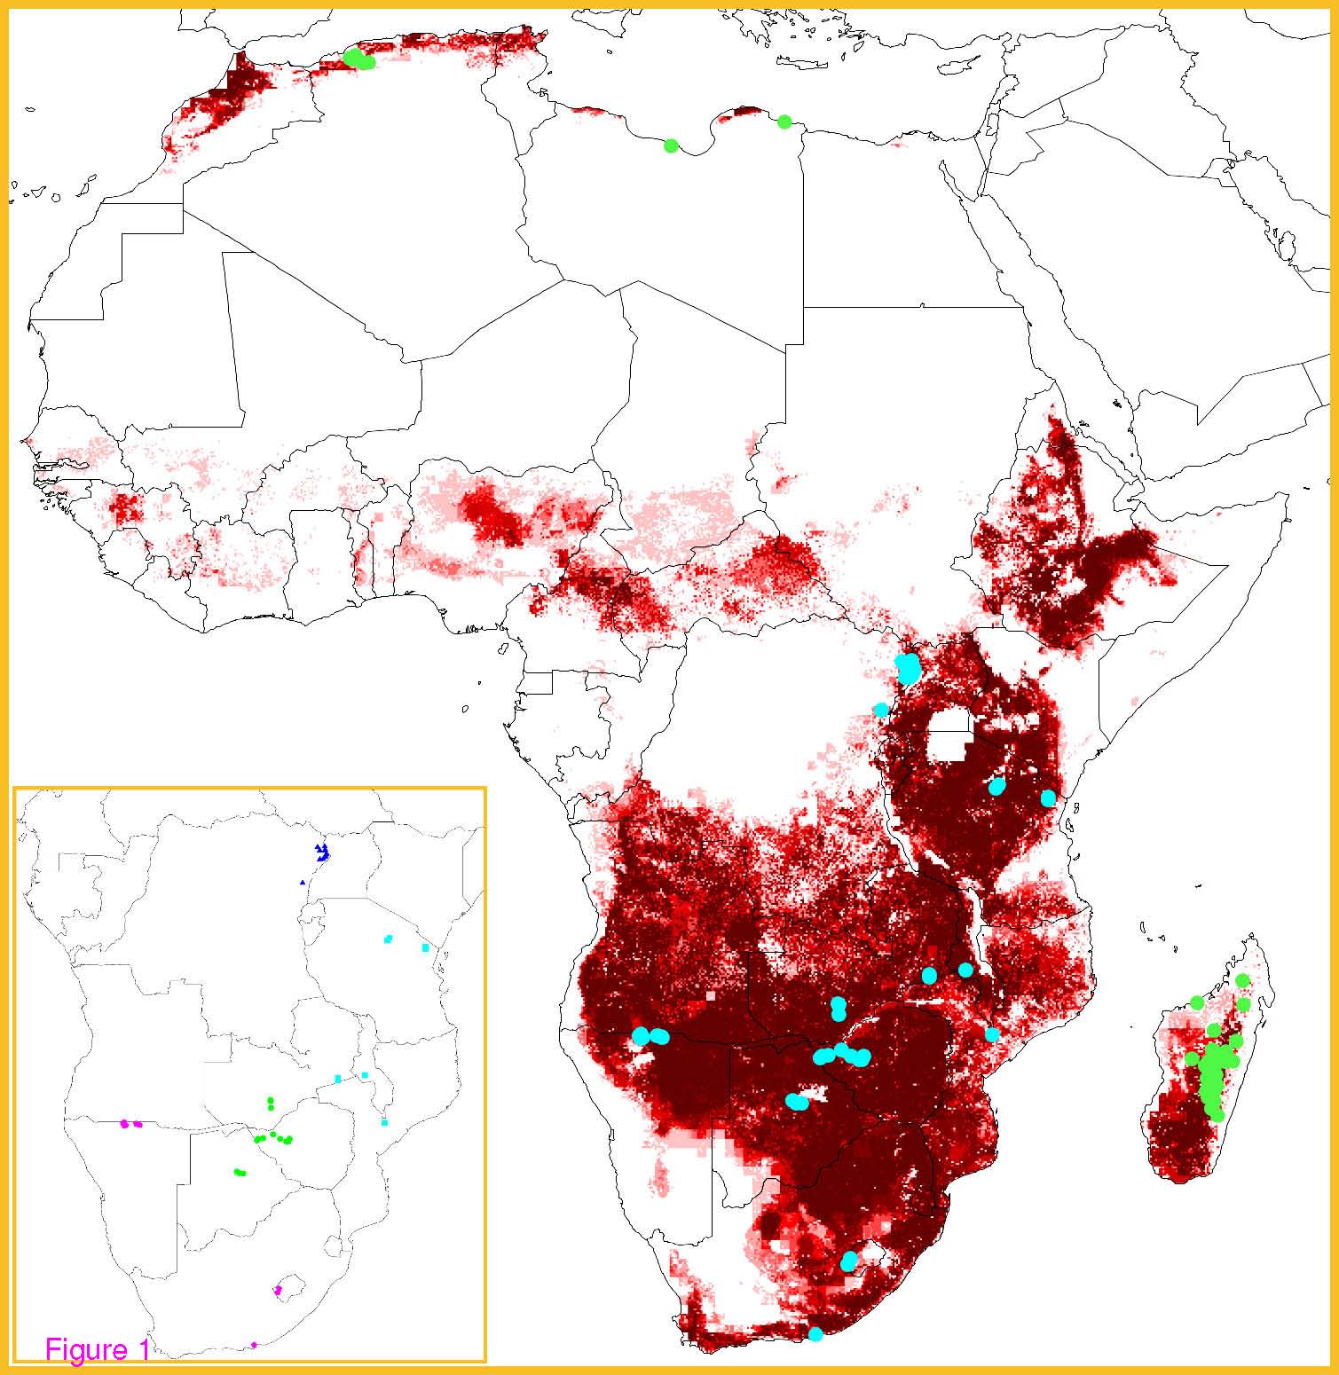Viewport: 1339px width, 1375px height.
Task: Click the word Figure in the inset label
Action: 86,1349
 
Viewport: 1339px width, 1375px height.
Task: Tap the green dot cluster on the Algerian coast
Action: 358,59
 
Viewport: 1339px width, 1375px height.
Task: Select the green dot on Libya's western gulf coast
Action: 671,145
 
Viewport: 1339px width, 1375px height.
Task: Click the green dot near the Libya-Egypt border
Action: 784,122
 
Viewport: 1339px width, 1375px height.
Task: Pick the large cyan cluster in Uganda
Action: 908,668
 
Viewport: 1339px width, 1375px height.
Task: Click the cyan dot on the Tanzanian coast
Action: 1049,797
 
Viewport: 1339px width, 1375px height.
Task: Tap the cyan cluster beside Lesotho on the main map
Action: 849,1261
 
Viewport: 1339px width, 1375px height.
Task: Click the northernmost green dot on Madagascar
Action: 1242,980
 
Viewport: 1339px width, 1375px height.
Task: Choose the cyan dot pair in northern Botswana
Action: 797,1102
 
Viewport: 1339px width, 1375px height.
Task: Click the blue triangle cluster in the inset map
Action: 322,852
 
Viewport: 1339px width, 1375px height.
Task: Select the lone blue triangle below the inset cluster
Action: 303,883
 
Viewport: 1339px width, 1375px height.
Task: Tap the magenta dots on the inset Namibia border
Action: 130,1124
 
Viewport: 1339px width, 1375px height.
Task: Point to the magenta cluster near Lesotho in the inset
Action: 278,1290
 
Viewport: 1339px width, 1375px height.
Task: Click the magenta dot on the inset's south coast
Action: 254,1345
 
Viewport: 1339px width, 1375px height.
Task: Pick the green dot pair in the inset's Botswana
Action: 239,1173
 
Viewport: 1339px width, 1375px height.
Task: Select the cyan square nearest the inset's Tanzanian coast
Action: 425,948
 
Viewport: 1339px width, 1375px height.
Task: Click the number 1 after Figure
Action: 142,1349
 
